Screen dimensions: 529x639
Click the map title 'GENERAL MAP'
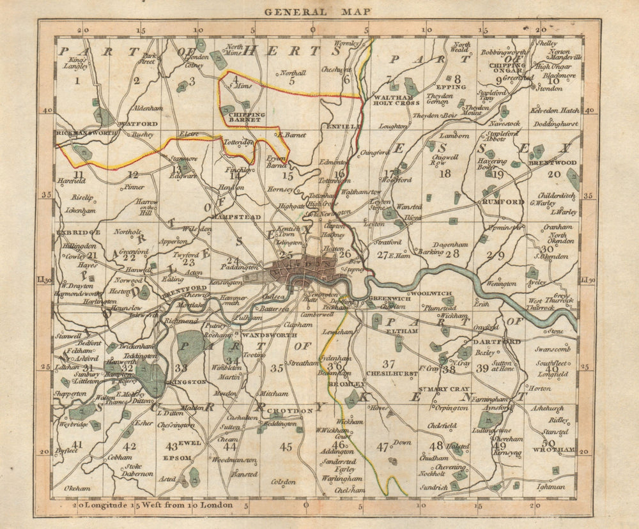tap(318, 11)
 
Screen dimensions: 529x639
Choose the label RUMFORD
tap(502, 202)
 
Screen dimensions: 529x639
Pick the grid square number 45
tap(286, 446)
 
